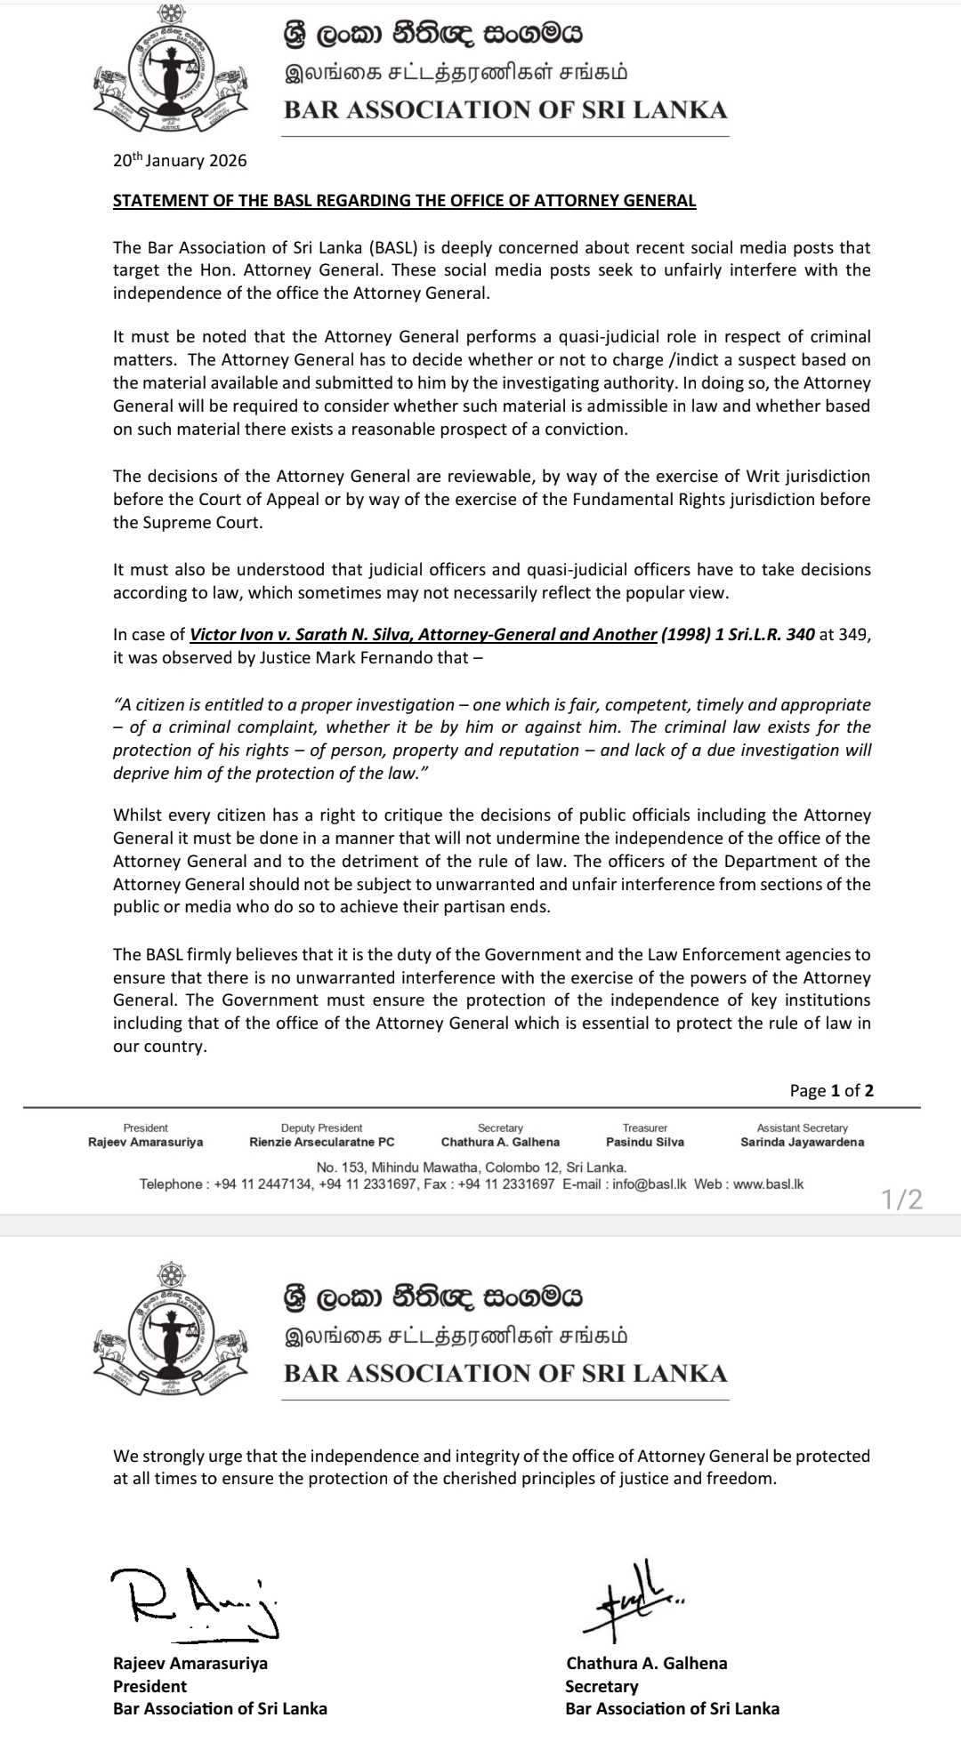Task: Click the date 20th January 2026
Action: [180, 161]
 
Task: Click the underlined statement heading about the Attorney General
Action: [404, 200]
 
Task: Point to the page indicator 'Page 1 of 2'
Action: [831, 1090]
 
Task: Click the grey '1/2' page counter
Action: [902, 1200]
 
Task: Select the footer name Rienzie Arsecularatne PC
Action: [321, 1142]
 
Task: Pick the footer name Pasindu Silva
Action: [645, 1142]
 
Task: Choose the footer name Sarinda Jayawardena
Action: [802, 1142]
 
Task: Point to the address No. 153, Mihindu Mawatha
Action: [472, 1168]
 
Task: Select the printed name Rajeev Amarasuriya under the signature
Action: [190, 1663]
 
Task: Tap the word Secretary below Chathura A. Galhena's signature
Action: [602, 1686]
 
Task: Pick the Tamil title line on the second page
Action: [456, 1337]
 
